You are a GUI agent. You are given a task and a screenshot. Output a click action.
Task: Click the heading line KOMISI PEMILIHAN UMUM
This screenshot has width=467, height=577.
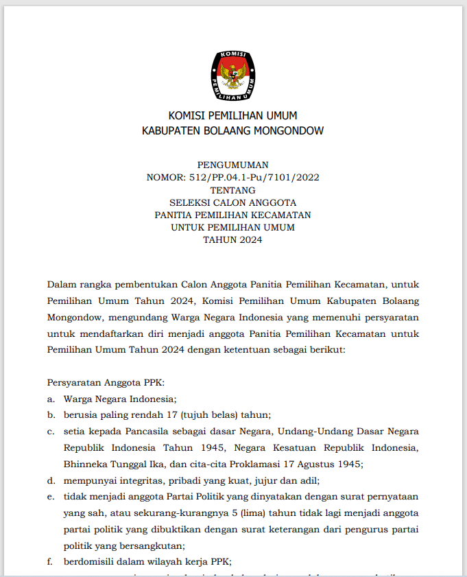pos(232,115)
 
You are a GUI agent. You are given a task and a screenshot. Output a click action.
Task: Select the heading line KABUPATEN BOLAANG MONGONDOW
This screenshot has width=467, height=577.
pos(232,130)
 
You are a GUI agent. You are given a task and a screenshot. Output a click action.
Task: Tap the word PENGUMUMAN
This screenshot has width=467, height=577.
pos(232,165)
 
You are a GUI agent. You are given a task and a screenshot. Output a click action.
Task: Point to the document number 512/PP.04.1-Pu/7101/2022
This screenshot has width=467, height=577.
pos(253,177)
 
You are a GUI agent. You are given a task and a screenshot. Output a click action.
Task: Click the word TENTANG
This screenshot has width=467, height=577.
pos(232,190)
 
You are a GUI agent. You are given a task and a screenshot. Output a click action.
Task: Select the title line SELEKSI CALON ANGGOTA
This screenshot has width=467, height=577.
pos(232,202)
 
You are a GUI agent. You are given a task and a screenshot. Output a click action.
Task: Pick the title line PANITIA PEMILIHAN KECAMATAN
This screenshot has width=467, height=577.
pos(232,215)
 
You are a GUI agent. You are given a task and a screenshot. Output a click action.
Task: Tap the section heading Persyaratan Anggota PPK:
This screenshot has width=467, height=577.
pos(106,382)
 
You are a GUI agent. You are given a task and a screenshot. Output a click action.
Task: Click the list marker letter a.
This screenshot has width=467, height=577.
pos(51,399)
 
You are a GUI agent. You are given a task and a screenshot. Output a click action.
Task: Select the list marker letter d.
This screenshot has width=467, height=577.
pos(51,480)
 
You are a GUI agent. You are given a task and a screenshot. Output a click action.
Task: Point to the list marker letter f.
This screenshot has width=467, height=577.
pos(50,562)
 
